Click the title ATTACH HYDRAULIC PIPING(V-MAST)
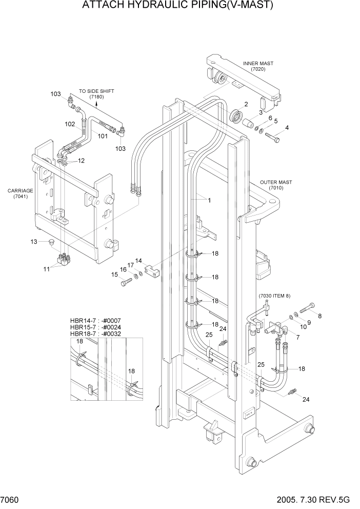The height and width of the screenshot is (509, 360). (177, 6)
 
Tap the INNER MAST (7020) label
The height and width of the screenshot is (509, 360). (258, 66)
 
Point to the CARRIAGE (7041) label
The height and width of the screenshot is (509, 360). (20, 193)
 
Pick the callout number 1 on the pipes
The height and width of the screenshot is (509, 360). (209, 200)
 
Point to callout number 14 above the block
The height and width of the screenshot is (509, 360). (138, 261)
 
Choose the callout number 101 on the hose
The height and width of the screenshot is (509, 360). (103, 136)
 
